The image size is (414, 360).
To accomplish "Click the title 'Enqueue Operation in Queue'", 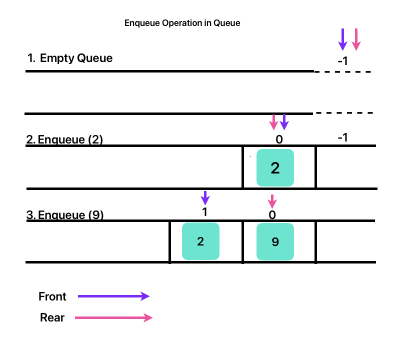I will click(182, 23).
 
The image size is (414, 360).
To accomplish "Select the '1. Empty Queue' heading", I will click(70, 58).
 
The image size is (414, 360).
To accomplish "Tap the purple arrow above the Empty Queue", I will click(342, 39).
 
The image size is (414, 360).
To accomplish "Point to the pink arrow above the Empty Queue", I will click(356, 39).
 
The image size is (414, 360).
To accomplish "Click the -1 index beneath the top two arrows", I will click(342, 61).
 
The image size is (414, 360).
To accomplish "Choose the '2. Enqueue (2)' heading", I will click(64, 139).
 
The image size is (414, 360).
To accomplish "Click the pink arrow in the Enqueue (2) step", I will click(273, 121).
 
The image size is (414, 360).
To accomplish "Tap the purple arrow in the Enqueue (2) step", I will click(284, 121).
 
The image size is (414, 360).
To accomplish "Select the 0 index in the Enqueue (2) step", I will click(279, 139).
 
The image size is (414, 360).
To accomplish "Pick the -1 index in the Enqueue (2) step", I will click(342, 137).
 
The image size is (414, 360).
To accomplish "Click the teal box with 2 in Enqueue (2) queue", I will click(275, 168).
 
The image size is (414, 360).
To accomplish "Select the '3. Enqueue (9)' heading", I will click(64, 215).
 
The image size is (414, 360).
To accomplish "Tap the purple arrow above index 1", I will click(205, 197).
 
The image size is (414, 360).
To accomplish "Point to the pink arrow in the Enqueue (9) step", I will click(272, 201).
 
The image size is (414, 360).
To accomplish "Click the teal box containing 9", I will click(275, 242).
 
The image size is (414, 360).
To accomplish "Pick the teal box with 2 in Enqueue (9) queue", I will click(200, 242).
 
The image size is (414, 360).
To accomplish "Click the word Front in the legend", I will click(52, 296).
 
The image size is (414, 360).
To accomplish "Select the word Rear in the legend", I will click(52, 317).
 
